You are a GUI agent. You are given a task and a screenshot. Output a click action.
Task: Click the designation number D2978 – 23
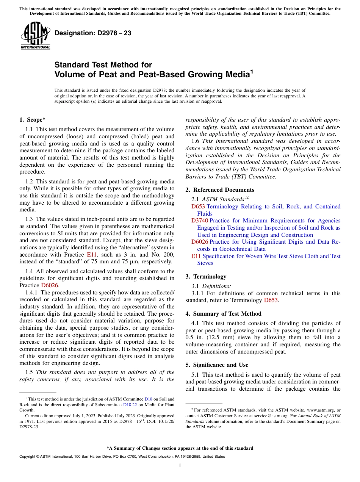(93, 33)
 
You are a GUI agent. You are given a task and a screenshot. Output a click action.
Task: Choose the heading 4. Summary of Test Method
(223, 313)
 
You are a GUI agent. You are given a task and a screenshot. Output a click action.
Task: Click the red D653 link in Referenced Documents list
(198, 207)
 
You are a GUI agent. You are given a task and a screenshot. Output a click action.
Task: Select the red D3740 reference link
(199, 221)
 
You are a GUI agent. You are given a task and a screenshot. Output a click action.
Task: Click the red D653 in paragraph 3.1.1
(271, 300)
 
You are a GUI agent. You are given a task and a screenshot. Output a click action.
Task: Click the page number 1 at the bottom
(180, 465)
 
